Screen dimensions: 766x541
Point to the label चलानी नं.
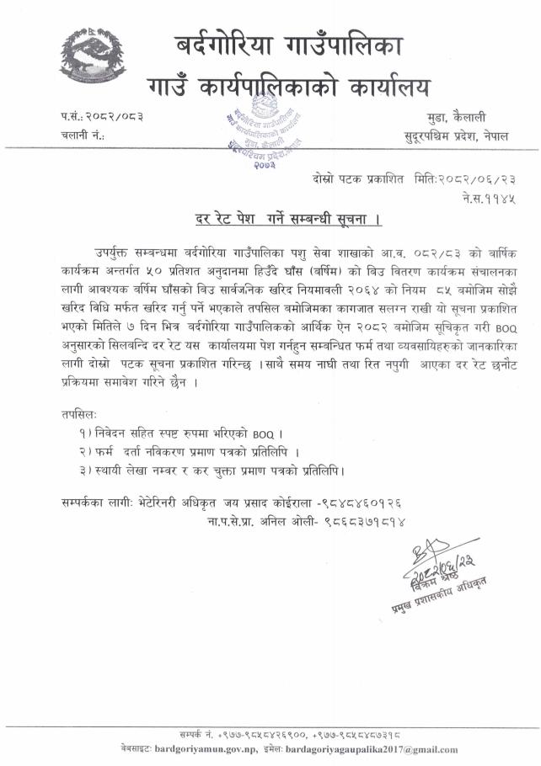point(82,135)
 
